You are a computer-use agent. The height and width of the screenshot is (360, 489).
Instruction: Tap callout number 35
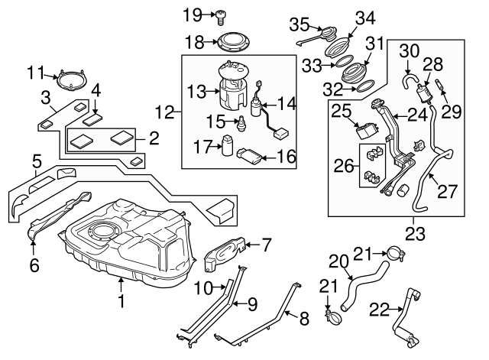point(299,21)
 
